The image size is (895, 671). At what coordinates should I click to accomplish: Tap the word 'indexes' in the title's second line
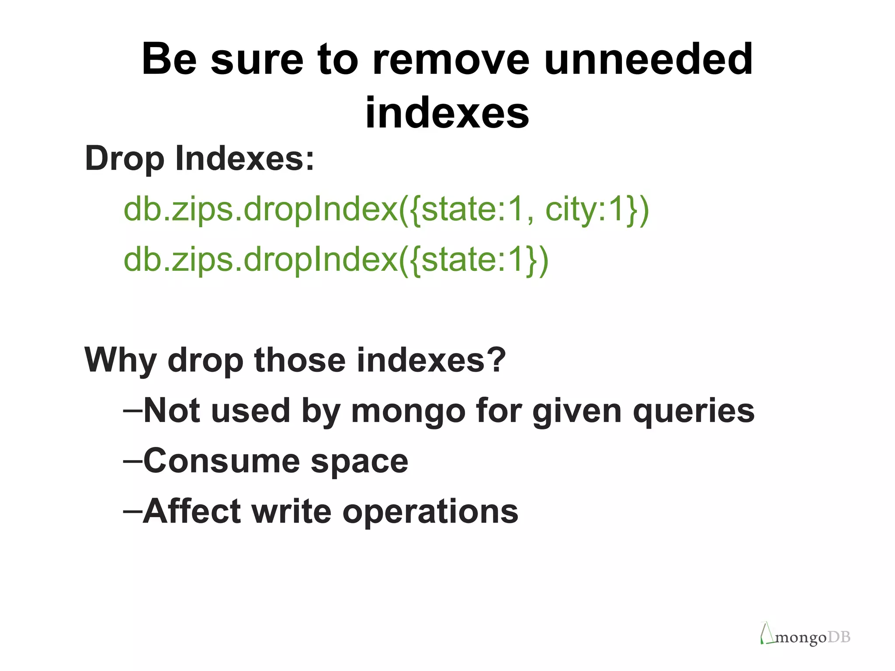pyautogui.click(x=447, y=113)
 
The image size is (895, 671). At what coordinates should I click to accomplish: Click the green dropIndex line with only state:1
pyautogui.click(x=336, y=260)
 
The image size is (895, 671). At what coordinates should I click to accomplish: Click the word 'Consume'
pyautogui.click(x=222, y=461)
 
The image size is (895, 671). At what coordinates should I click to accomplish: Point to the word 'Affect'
pyautogui.click(x=191, y=511)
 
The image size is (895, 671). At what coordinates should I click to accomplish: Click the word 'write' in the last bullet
pyautogui.click(x=291, y=511)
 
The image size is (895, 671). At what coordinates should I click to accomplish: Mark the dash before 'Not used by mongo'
pyautogui.click(x=132, y=411)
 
